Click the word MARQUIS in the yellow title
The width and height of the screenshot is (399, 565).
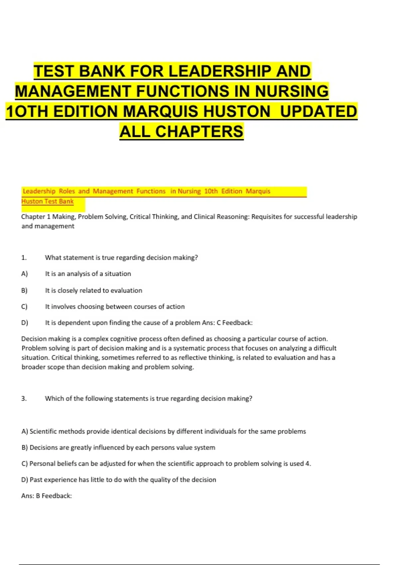click(x=161, y=111)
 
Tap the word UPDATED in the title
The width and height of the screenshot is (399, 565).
click(x=318, y=111)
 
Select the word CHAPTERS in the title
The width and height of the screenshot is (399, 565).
click(x=199, y=132)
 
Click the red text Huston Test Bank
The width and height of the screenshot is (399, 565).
click(x=48, y=201)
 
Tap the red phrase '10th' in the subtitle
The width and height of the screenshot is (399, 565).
click(x=211, y=191)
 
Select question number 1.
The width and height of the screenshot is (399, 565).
click(x=24, y=258)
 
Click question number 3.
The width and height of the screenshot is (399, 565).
click(x=24, y=398)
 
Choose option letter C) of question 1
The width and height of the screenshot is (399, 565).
click(x=24, y=306)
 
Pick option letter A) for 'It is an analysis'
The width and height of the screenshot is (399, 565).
click(x=25, y=274)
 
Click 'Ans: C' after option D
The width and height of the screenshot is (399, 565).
click(x=211, y=323)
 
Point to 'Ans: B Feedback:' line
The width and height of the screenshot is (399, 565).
click(x=47, y=496)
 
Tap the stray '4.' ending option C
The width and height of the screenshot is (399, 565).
click(x=308, y=464)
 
